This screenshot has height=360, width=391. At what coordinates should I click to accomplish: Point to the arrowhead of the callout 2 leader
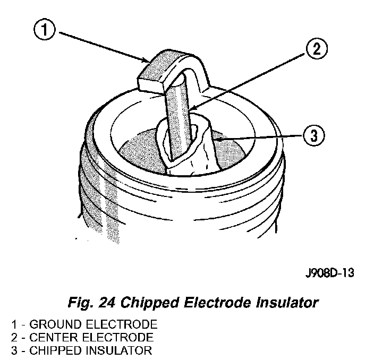pyautogui.click(x=190, y=110)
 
